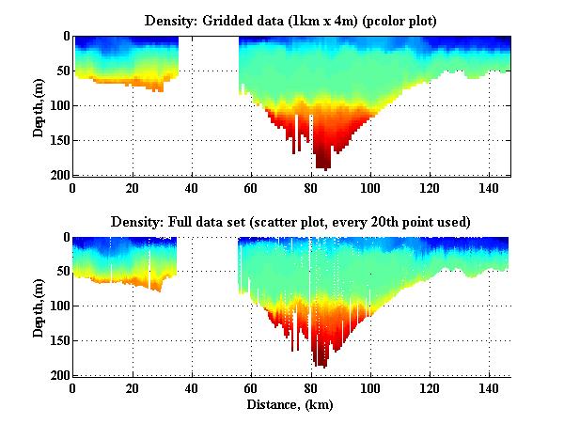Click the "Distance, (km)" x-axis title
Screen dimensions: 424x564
(291, 405)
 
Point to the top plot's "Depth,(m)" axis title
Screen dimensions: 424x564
(39, 105)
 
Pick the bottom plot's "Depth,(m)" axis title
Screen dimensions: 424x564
(39, 306)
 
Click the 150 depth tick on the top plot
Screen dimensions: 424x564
(58, 141)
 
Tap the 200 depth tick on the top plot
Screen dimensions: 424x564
(58, 176)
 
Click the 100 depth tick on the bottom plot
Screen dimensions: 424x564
(58, 306)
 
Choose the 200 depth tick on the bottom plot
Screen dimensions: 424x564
(58, 376)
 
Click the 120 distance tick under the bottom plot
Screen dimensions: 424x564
(430, 387)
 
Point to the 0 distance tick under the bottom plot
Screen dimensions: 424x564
(73, 387)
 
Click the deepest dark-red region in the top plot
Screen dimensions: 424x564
(322, 162)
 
